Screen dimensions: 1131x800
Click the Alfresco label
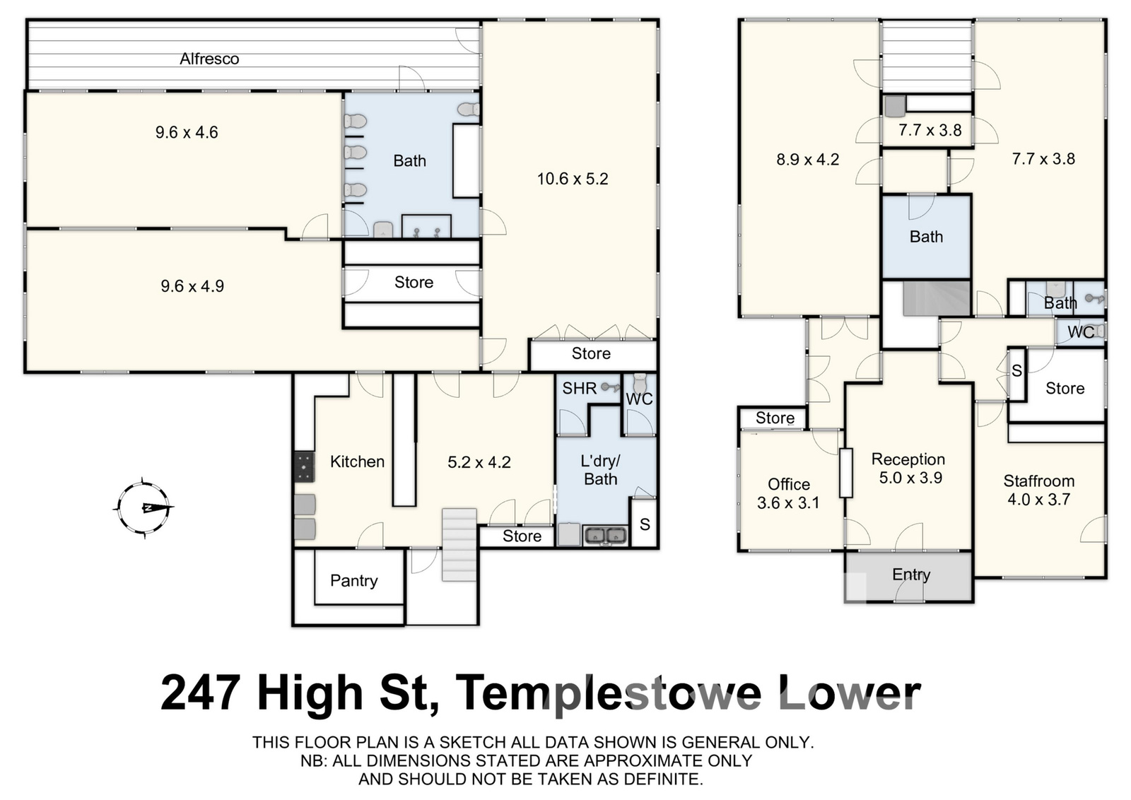pos(209,59)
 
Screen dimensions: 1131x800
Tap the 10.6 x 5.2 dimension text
pos(573,179)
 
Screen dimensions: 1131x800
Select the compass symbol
pos(143,507)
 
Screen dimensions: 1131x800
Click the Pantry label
pos(354,580)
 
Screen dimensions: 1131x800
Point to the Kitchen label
pos(357,461)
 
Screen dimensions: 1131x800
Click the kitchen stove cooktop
pos(305,466)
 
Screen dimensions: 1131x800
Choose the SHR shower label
pos(580,388)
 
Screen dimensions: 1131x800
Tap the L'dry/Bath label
pos(600,470)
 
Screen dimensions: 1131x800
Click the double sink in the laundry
pos(605,535)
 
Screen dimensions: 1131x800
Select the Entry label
pos(911,575)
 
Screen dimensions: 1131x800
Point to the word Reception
pos(908,459)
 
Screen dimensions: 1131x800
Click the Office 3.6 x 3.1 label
pos(788,493)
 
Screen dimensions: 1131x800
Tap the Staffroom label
pos(1038,481)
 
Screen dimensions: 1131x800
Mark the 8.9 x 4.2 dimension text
pos(807,160)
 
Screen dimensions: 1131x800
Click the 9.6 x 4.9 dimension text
pos(192,286)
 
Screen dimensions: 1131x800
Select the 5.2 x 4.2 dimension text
pos(479,462)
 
